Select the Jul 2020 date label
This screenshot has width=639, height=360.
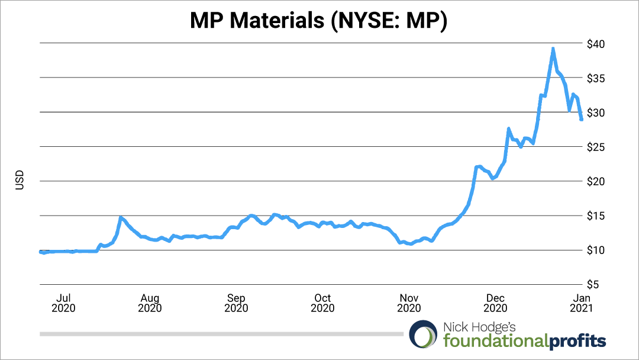coord(63,303)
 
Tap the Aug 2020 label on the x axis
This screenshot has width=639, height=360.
coord(150,303)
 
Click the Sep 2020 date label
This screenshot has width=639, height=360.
coord(236,303)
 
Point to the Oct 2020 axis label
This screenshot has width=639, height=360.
coord(322,303)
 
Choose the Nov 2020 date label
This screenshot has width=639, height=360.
coord(409,303)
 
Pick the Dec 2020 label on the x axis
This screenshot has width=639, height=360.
coord(495,303)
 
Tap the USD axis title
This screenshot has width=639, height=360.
coord(19,181)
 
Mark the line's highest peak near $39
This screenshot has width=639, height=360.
coord(553,49)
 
